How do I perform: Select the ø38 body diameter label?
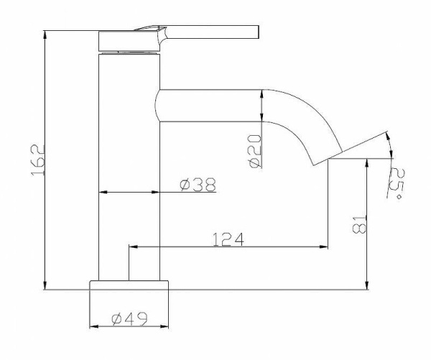click(x=198, y=185)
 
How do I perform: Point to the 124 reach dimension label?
click(x=228, y=239)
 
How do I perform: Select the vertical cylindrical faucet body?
click(x=129, y=165)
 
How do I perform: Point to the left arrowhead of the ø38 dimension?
click(x=101, y=192)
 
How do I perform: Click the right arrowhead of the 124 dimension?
click(x=324, y=246)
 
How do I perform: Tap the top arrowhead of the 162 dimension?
click(x=45, y=34)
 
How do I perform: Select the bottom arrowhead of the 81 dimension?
click(x=367, y=285)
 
